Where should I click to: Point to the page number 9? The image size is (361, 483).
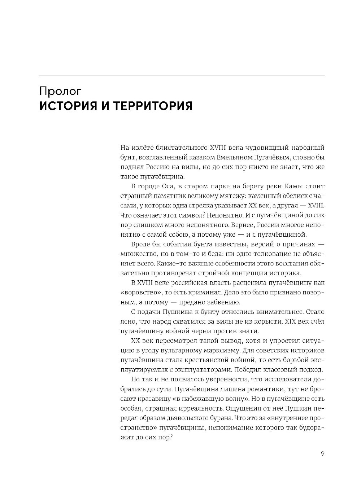click(322, 453)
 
